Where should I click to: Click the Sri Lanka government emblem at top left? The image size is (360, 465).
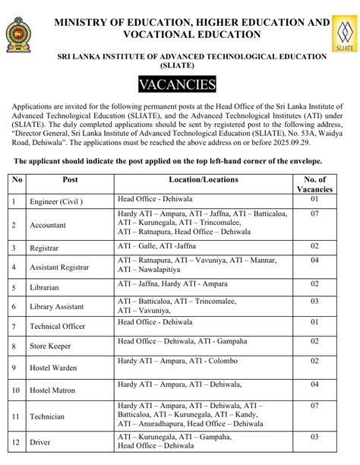pyautogui.click(x=18, y=34)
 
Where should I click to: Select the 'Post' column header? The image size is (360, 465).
pyautogui.click(x=70, y=180)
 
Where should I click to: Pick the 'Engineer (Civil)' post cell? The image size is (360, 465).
pyautogui.click(x=56, y=204)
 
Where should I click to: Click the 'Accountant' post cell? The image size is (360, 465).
pyautogui.click(x=49, y=226)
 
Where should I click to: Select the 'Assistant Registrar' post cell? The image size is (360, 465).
pyautogui.click(x=59, y=267)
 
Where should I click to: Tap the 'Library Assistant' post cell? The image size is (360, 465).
pyautogui.click(x=58, y=306)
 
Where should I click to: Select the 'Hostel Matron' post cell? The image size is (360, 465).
pyautogui.click(x=53, y=391)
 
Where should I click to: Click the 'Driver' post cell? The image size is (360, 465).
pyautogui.click(x=40, y=441)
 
